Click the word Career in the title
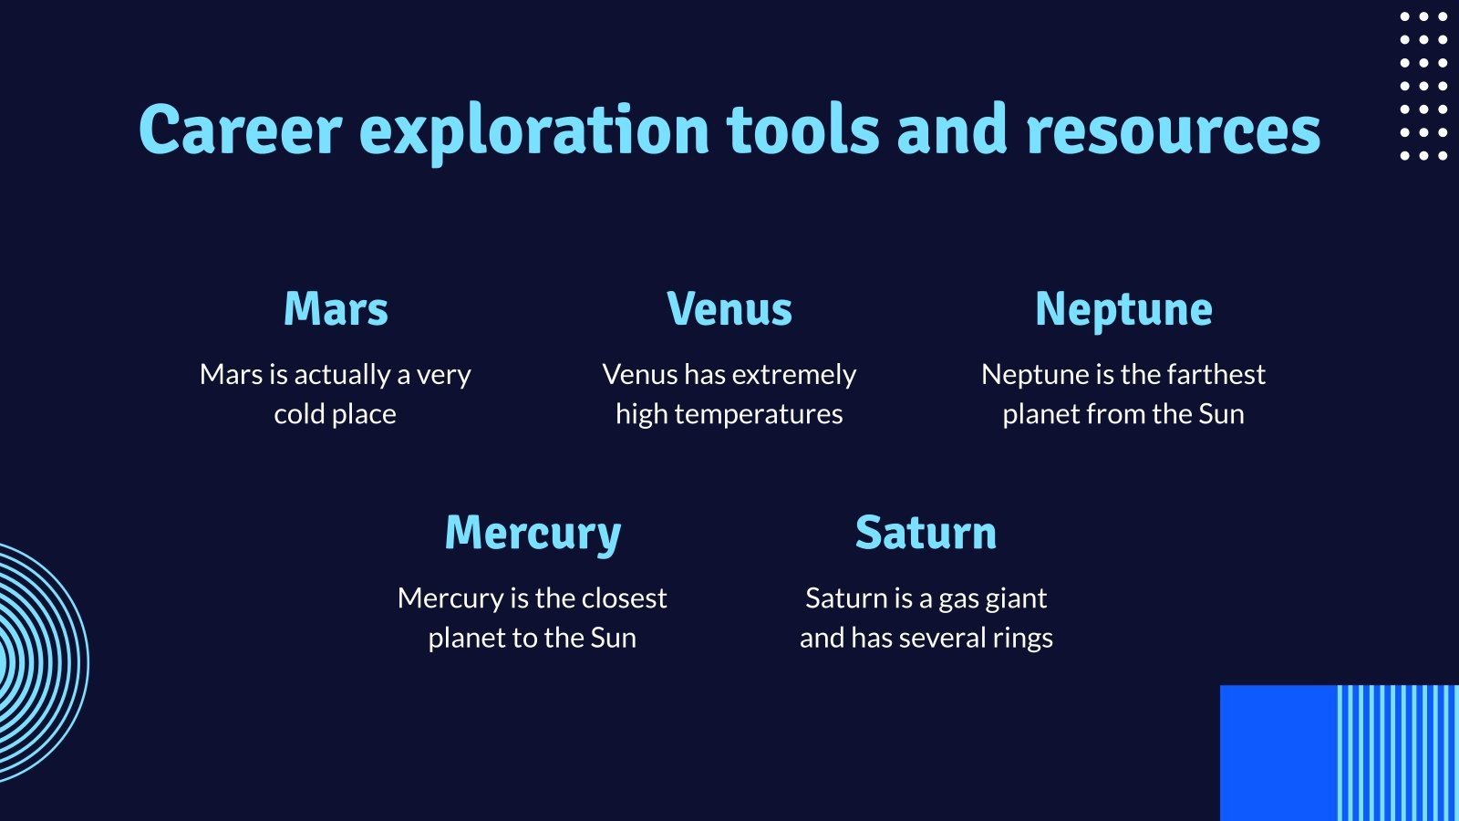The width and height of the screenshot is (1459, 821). (x=241, y=130)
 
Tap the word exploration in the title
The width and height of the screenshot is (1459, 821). (x=534, y=133)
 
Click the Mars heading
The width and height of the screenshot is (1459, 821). (x=336, y=308)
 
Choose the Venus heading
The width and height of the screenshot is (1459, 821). (x=729, y=308)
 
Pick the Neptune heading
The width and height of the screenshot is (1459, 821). (x=1123, y=311)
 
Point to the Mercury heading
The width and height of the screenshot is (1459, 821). (x=533, y=535)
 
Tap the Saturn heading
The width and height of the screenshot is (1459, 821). (x=926, y=533)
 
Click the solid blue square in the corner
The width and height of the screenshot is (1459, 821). (x=1278, y=753)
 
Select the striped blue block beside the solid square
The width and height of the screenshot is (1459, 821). (x=1398, y=753)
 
